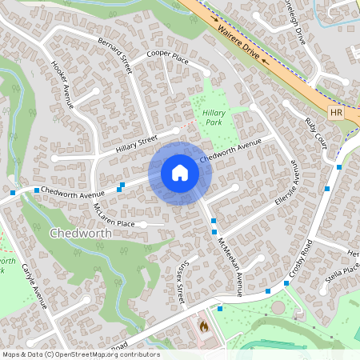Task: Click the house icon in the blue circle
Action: click(180, 173)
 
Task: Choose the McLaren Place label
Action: click(112, 218)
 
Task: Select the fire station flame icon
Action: click(203, 326)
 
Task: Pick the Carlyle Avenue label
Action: click(36, 284)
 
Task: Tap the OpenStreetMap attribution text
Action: click(81, 354)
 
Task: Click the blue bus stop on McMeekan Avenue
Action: click(214, 221)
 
